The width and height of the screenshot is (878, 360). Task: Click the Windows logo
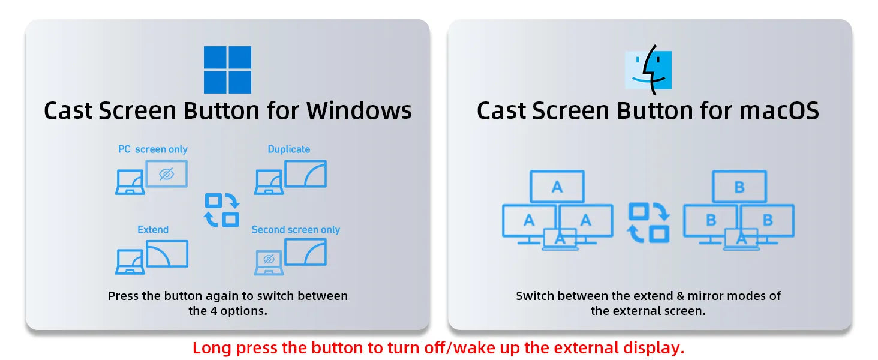click(x=227, y=70)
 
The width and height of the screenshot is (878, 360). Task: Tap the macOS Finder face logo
click(x=648, y=70)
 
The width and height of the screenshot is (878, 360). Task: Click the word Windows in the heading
click(x=359, y=110)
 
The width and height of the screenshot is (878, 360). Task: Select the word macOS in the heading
click(x=779, y=110)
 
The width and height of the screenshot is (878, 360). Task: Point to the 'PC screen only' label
click(x=153, y=149)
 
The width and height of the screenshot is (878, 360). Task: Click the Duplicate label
click(x=289, y=149)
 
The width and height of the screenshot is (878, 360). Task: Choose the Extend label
click(x=153, y=229)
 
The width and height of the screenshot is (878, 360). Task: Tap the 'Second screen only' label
click(x=296, y=229)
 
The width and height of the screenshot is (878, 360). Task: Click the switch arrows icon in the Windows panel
click(x=222, y=210)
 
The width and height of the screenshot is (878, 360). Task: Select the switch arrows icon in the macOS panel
click(x=648, y=223)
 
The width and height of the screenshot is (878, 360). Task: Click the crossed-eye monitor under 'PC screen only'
click(x=167, y=174)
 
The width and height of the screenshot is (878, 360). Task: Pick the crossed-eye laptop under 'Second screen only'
click(x=269, y=263)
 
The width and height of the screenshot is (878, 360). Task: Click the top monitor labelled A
click(x=557, y=187)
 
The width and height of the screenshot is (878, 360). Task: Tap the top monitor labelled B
click(x=739, y=187)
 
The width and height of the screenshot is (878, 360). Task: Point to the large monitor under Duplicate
click(x=306, y=174)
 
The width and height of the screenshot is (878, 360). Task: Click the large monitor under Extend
click(x=167, y=254)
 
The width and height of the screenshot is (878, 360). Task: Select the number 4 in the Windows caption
click(x=214, y=311)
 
